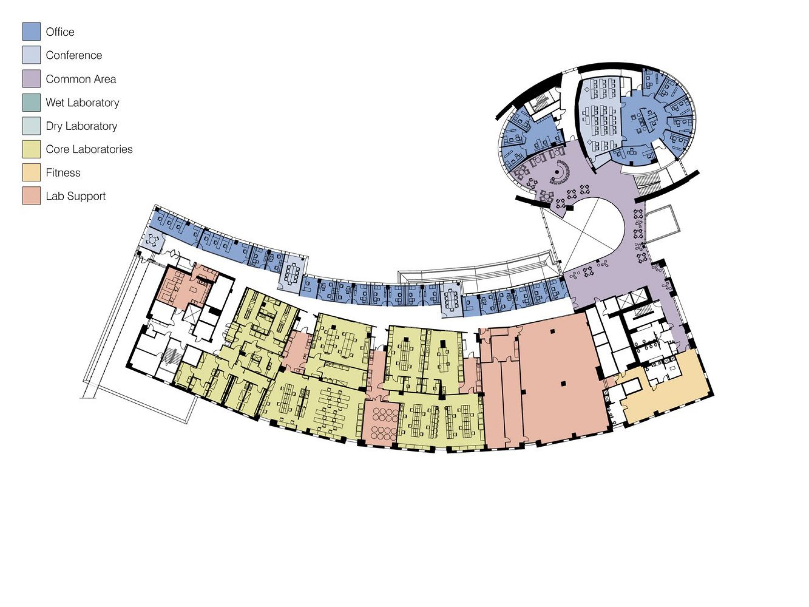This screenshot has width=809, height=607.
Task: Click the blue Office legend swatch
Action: [x=31, y=31]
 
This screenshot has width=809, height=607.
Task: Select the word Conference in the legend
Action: [x=74, y=55]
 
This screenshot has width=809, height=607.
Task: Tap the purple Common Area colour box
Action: [x=31, y=79]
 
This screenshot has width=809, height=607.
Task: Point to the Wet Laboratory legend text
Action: [x=82, y=102]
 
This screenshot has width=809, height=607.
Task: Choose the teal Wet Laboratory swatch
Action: [x=31, y=102]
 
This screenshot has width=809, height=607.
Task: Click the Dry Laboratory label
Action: [x=81, y=126]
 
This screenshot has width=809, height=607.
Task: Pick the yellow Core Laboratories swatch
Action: [x=31, y=149]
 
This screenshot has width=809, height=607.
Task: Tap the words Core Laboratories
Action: [x=89, y=149]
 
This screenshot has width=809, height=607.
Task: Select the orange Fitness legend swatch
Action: [x=31, y=173]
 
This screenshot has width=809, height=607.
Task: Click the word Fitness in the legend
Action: [x=63, y=173]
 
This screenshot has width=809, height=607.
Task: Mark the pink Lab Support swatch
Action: [x=31, y=196]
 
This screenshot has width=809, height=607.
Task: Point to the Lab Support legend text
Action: [x=75, y=196]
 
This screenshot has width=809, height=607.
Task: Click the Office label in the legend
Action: [x=60, y=32]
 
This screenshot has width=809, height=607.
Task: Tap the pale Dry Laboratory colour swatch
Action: [x=31, y=126]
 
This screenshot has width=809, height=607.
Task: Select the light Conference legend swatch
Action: [x=31, y=55]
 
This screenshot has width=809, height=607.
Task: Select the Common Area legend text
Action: [x=81, y=79]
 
